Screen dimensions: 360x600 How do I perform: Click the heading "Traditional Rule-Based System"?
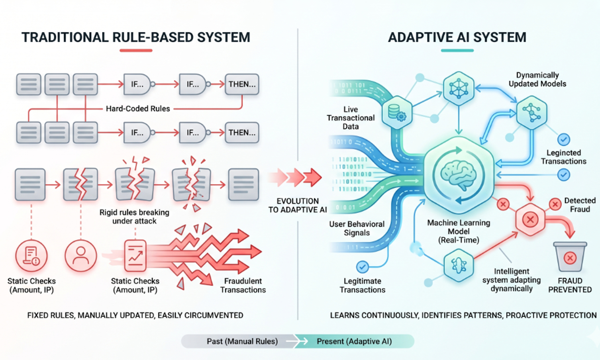tap(136, 37)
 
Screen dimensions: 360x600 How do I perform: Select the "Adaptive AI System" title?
tap(457, 37)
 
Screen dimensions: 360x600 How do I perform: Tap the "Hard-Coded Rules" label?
tap(137, 109)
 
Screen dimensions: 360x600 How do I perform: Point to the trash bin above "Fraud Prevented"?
tap(570, 257)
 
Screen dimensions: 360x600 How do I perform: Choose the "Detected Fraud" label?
tap(580, 205)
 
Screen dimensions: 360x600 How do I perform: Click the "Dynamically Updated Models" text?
tap(537, 79)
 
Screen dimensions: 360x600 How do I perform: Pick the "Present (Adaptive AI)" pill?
tap(354, 341)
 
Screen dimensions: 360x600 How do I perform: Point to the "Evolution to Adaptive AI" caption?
tap(297, 205)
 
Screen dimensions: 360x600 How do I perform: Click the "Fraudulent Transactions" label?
tap(243, 285)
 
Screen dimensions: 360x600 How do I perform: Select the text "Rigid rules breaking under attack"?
tap(135, 217)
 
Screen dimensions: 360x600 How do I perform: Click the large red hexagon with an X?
tap(530, 219)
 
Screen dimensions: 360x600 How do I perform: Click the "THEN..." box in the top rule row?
tap(242, 85)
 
